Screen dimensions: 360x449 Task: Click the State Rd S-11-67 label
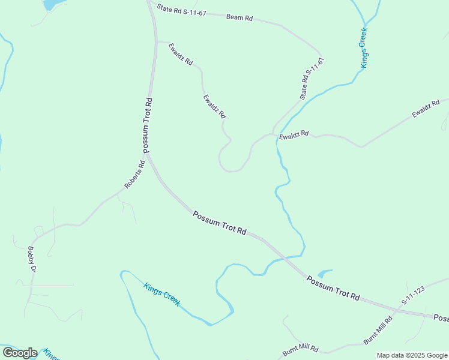[x=181, y=11]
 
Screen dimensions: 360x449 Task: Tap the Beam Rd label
[x=239, y=17]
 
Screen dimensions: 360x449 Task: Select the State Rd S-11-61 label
[x=312, y=79]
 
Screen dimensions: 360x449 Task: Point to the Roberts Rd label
[x=135, y=175]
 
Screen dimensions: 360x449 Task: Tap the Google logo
[x=20, y=353]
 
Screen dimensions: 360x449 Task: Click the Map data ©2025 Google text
[x=412, y=355]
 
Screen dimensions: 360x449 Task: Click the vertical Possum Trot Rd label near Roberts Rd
[x=146, y=125]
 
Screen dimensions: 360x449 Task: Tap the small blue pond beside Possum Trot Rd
[x=324, y=273]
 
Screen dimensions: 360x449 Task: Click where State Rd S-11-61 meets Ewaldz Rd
[x=274, y=133]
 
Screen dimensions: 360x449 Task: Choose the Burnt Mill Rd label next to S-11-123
[x=378, y=330]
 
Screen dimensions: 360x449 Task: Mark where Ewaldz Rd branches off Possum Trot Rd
[x=156, y=42]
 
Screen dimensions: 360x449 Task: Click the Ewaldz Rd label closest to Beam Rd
[x=181, y=54]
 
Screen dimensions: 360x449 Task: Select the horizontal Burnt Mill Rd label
[x=301, y=350]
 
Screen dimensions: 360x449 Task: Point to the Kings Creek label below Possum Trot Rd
[x=161, y=295]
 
